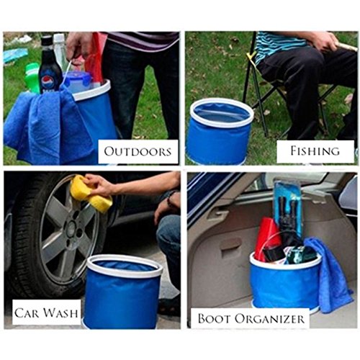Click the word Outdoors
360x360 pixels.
(x=138, y=151)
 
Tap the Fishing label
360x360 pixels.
(x=315, y=151)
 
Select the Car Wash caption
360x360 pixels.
(x=46, y=313)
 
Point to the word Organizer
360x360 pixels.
(x=269, y=319)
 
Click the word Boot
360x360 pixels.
(x=214, y=319)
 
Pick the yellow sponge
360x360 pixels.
(x=91, y=194)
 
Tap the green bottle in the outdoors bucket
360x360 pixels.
(x=32, y=77)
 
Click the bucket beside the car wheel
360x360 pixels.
(x=122, y=292)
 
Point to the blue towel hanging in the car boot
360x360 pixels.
(x=330, y=274)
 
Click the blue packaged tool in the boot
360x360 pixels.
(x=288, y=207)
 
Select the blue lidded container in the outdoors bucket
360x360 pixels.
(x=78, y=81)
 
